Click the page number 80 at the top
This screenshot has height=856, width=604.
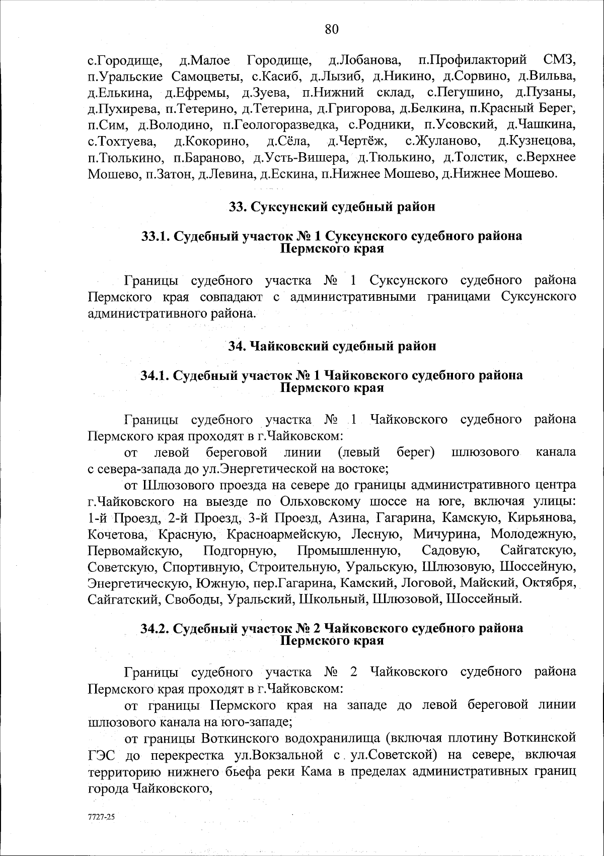click(x=332, y=29)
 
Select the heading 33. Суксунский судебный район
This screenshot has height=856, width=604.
click(x=332, y=207)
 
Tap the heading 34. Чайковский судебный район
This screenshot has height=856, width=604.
click(x=332, y=346)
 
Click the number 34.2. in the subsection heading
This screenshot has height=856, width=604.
click(x=157, y=628)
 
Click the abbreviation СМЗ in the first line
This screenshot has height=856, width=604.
click(x=559, y=61)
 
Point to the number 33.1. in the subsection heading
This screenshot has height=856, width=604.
click(x=156, y=236)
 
